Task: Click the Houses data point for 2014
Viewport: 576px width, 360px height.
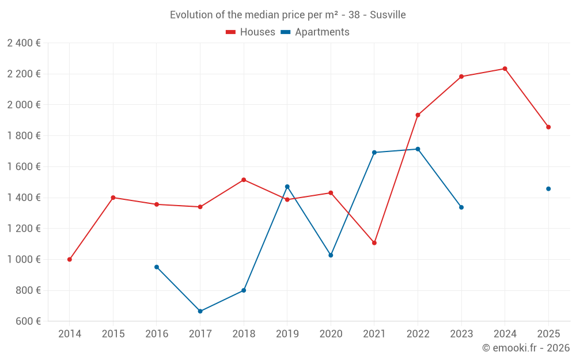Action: [x=70, y=259]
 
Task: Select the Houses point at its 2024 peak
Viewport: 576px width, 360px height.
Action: [x=505, y=69]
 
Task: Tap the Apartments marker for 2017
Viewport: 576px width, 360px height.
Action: [x=200, y=311]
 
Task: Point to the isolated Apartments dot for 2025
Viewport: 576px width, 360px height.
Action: [x=548, y=189]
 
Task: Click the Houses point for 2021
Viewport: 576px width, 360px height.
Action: [x=374, y=243]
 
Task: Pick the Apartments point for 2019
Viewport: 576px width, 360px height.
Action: [x=287, y=187]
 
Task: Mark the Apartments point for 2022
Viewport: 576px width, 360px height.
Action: [x=418, y=149]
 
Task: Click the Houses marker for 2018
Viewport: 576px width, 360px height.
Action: [x=244, y=180]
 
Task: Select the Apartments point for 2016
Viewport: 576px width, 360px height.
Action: [x=157, y=267]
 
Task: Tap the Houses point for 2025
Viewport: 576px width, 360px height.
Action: [x=548, y=127]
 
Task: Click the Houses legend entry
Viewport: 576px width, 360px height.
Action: [x=251, y=32]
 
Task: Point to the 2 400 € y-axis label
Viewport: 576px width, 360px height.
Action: [x=24, y=43]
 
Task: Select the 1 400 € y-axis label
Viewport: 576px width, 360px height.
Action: [x=24, y=198]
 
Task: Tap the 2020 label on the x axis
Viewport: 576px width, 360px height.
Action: [x=331, y=334]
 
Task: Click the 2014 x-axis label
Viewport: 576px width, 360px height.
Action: [x=70, y=334]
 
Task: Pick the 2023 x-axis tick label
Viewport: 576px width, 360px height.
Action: [x=461, y=334]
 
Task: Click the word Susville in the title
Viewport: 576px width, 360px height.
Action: [x=388, y=15]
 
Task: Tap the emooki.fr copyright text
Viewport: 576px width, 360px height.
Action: [x=526, y=348]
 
